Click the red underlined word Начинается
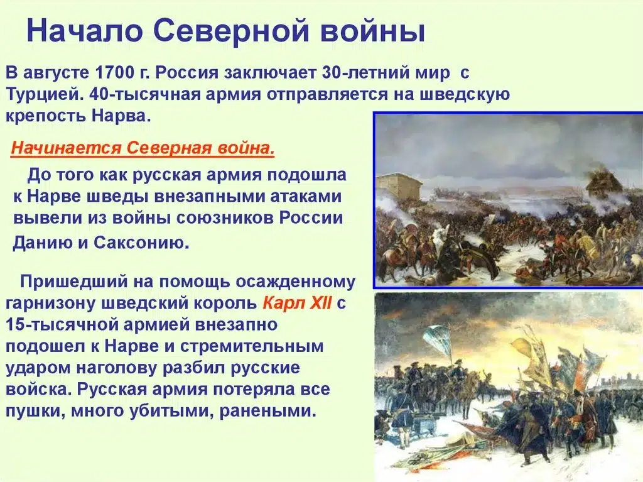coord(67,149)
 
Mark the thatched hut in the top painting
coord(603,184)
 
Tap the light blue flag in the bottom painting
coord(437,341)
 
